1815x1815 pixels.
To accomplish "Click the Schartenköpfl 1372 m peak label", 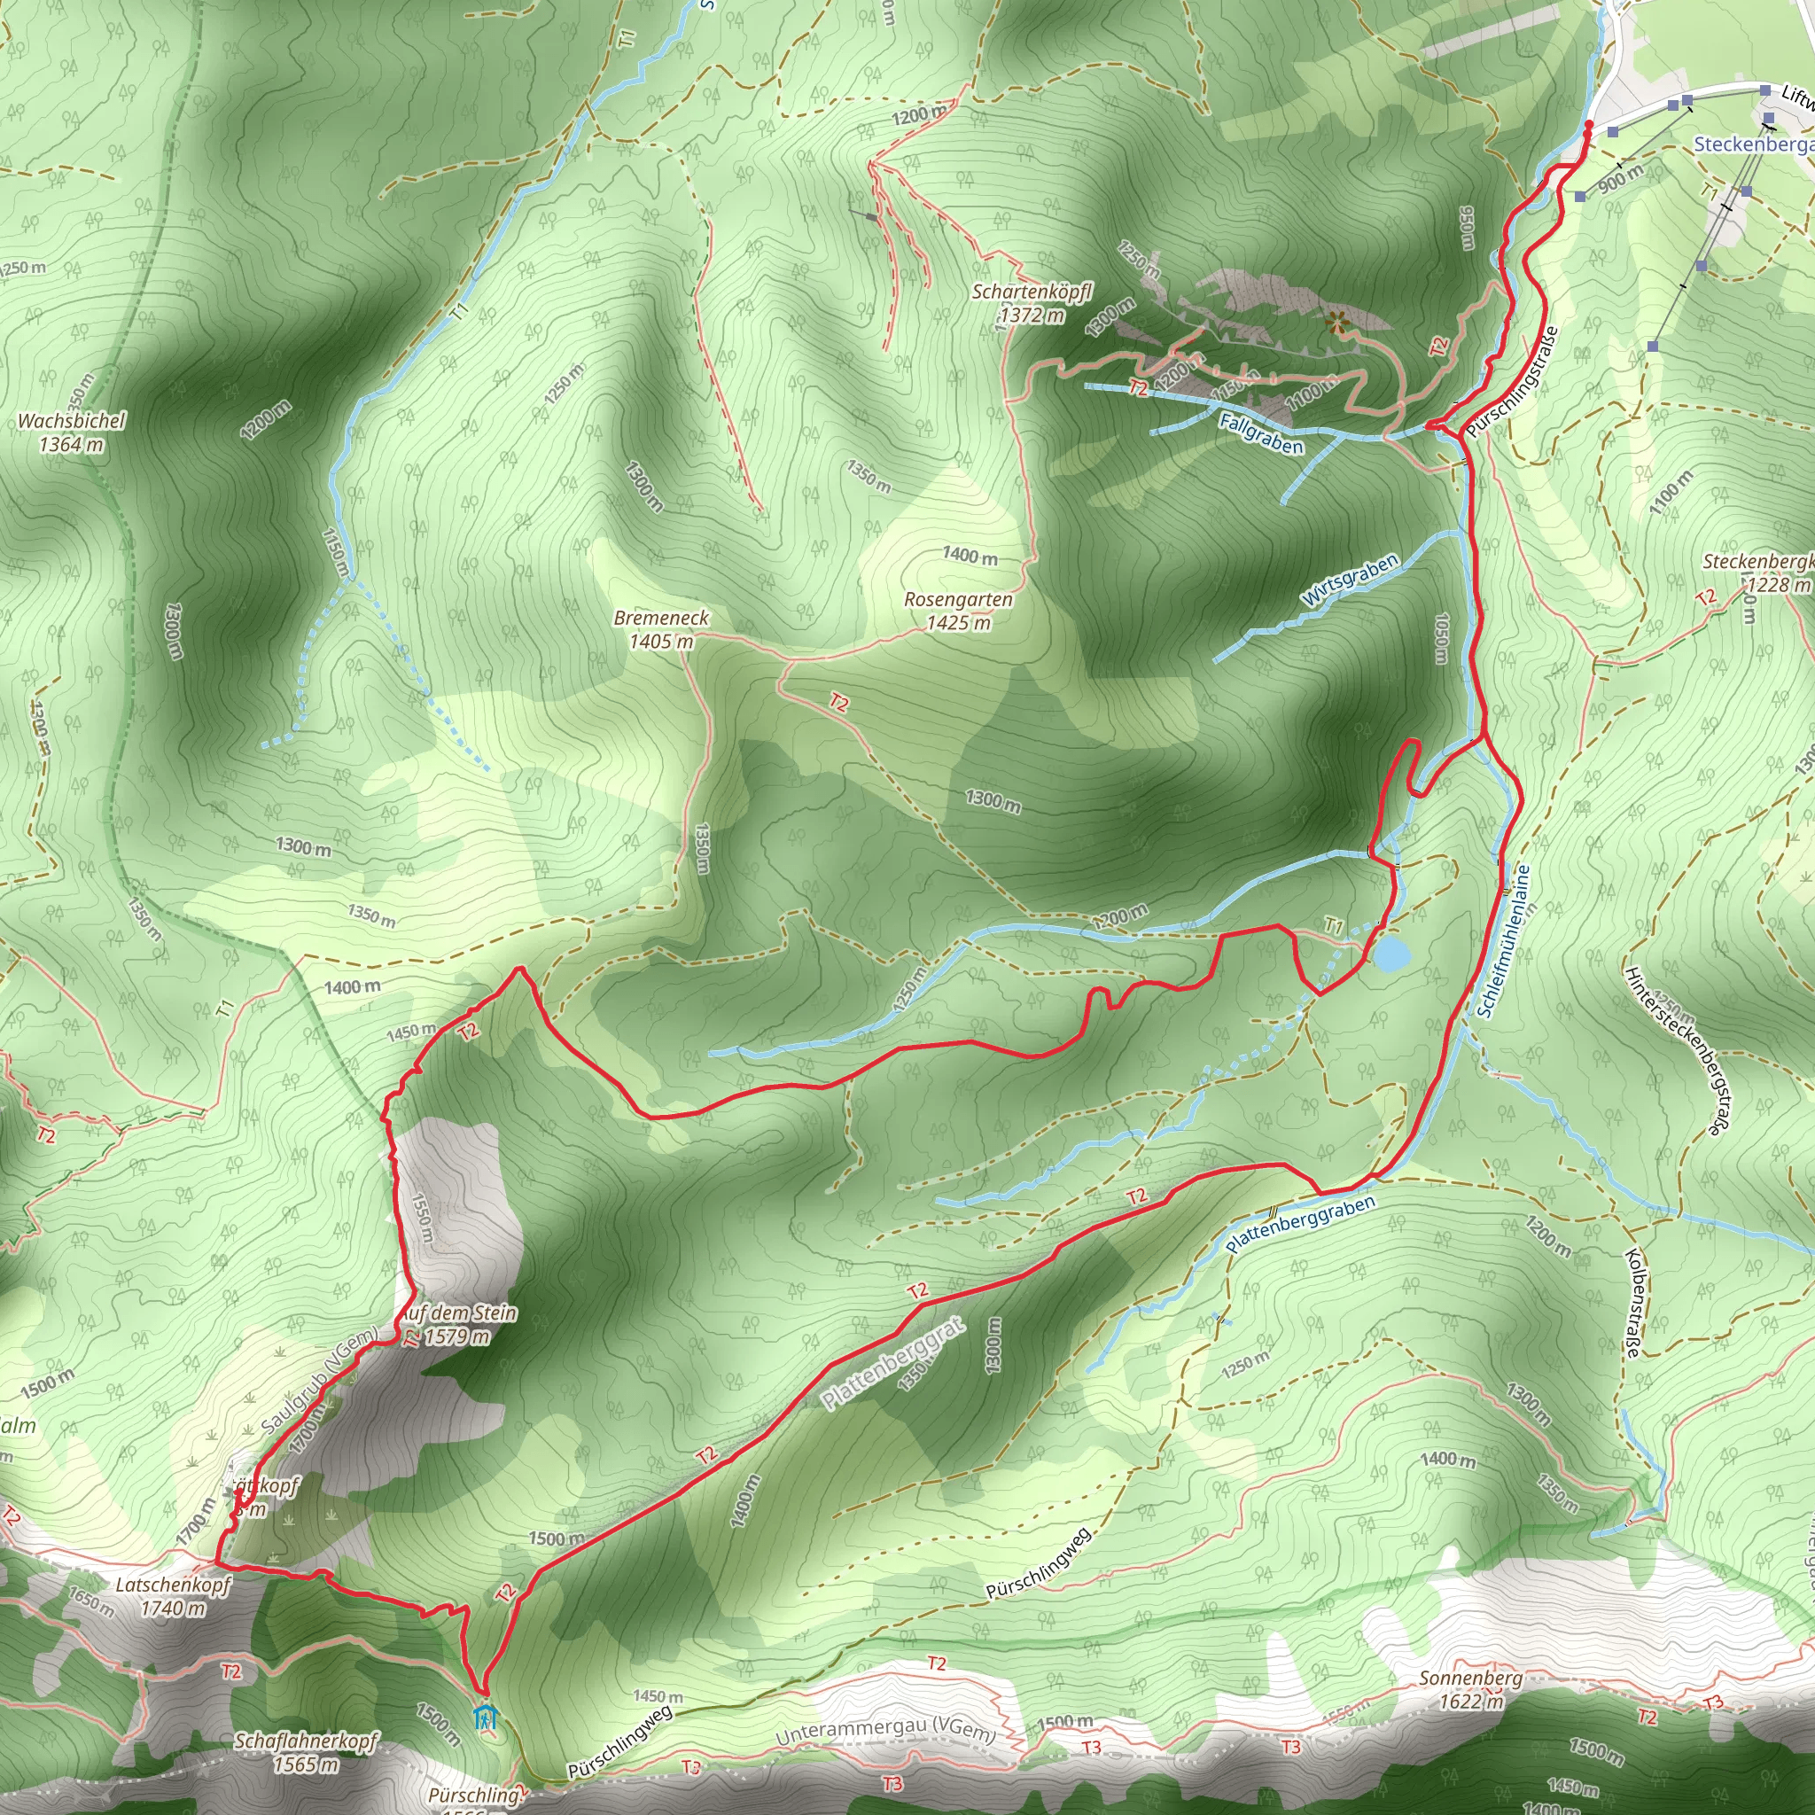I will click(1032, 303).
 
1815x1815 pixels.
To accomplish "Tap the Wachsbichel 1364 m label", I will click(72, 432).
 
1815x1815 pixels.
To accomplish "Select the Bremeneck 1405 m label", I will click(661, 629).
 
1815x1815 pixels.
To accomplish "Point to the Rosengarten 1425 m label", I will click(958, 611).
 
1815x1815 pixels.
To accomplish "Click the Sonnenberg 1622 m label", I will click(1471, 1690).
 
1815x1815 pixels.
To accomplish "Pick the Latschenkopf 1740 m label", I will click(173, 1596).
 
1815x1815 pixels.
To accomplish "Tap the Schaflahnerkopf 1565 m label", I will click(306, 1753).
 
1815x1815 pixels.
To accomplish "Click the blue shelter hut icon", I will click(485, 1718).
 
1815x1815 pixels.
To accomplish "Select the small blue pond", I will click(1391, 954).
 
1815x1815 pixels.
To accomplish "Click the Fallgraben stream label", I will click(1261, 433).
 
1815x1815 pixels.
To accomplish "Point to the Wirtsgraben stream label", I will click(1350, 580).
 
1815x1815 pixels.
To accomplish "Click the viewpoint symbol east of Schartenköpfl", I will click(1336, 323).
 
